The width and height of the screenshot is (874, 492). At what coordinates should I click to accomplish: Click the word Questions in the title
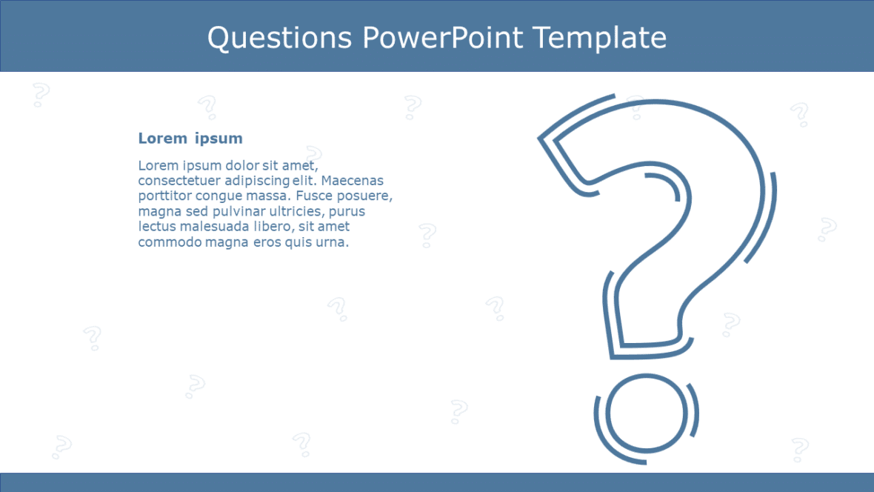click(x=279, y=37)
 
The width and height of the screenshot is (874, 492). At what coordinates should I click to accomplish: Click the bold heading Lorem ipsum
click(x=190, y=139)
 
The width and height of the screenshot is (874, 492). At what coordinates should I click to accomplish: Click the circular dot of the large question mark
click(x=646, y=413)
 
